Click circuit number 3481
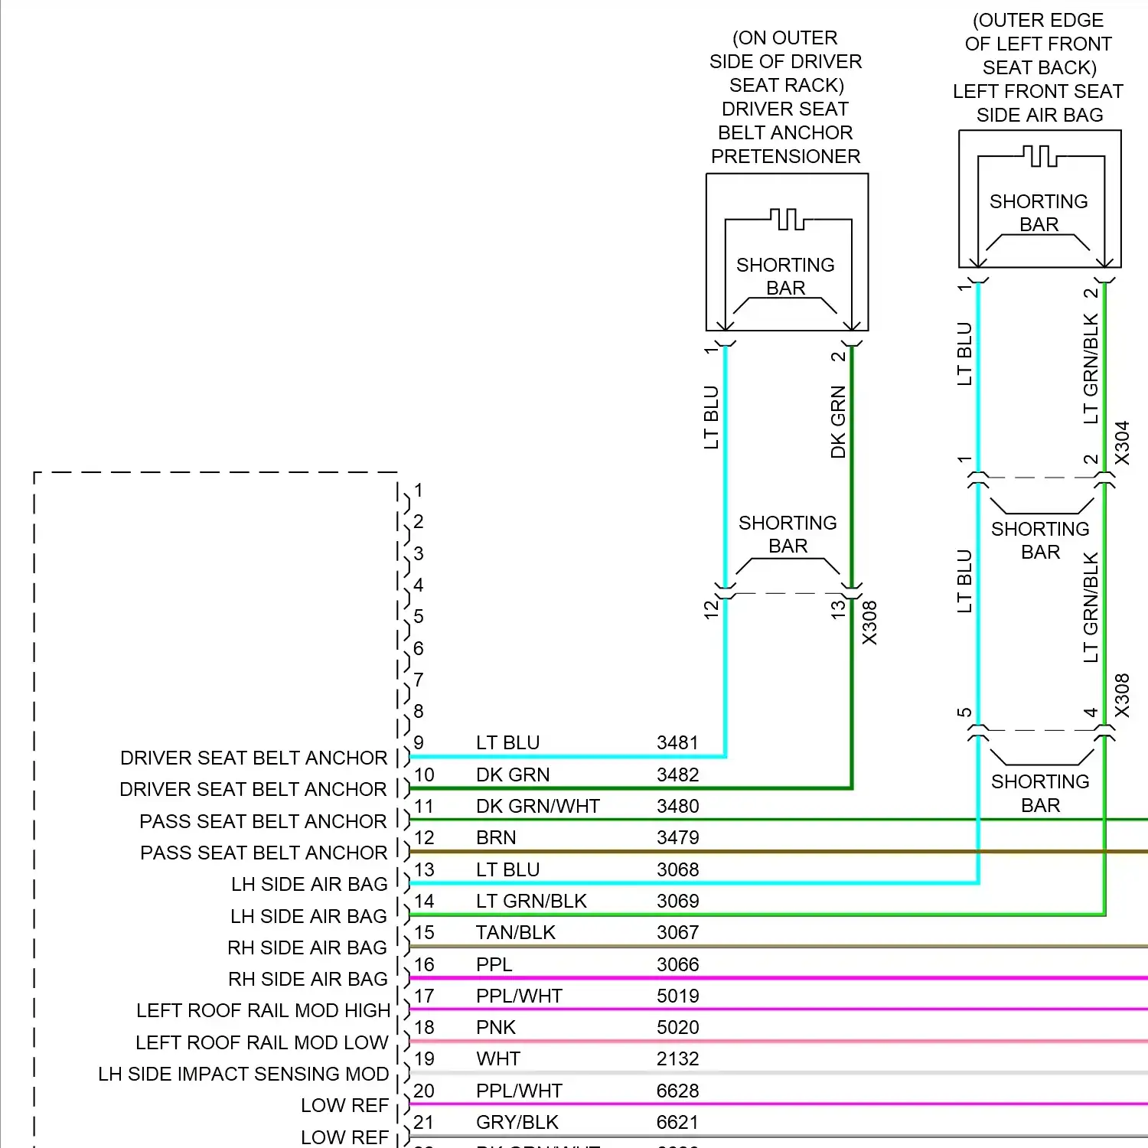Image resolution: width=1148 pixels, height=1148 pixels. coord(677,743)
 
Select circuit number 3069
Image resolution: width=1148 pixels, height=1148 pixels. coord(677,901)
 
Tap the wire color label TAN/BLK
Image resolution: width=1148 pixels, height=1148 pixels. coord(515,932)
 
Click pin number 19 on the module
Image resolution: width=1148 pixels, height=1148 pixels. coord(424,1058)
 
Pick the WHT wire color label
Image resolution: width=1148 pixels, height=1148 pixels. coord(498,1058)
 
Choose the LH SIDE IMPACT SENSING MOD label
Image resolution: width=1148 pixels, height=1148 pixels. coord(243,1074)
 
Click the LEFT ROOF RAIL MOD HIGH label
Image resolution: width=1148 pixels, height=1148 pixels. coord(263,1010)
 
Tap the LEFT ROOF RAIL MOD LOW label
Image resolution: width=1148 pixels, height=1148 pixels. coord(262,1042)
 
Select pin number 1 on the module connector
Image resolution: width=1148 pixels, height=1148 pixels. coord(419,490)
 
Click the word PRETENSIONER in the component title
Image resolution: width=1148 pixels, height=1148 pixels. coord(785,156)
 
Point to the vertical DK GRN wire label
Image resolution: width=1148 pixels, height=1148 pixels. coord(839,422)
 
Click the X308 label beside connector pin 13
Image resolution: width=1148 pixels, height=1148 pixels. coord(870,622)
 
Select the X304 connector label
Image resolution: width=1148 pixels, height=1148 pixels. coord(1122,442)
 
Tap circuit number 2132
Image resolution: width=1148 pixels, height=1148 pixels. coord(677,1058)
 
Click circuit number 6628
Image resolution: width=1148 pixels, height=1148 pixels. coord(677,1091)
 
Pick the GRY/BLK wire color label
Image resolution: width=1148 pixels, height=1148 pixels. coord(517,1122)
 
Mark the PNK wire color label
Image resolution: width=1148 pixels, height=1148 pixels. coord(496,1027)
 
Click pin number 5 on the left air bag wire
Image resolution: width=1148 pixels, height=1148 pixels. coord(964,713)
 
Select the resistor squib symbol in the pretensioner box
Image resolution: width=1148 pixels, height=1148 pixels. coord(788,220)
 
